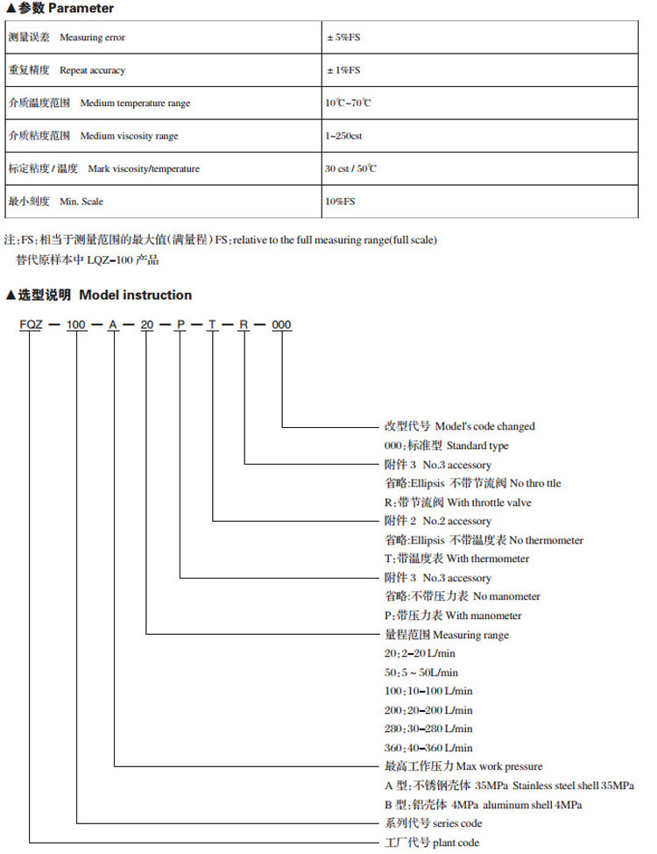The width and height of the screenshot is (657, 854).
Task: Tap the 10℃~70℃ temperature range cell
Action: [348, 103]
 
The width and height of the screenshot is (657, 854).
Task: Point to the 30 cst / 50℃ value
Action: [350, 168]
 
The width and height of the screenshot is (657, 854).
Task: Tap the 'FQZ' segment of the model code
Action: [32, 325]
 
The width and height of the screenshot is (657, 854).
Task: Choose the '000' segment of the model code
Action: [281, 325]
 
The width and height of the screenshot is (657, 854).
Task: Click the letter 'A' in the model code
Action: [113, 325]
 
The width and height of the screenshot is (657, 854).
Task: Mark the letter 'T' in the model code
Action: [212, 325]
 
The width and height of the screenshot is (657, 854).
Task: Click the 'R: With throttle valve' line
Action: [458, 502]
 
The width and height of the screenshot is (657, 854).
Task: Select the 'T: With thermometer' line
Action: [457, 559]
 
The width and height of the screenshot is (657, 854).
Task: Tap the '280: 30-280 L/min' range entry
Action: [428, 729]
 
